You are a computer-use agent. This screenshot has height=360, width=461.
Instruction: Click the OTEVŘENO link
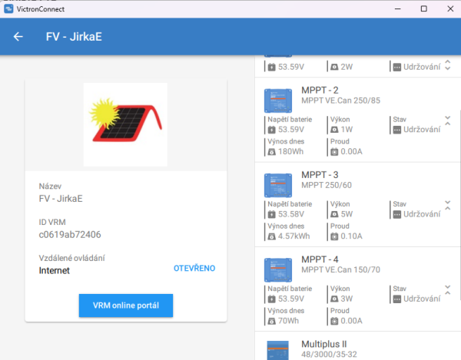(x=194, y=269)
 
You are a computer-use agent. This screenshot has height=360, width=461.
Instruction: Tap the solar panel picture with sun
(x=125, y=124)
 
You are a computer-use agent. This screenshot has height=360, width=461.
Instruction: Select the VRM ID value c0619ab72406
(x=70, y=235)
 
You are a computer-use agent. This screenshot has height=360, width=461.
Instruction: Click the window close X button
(x=445, y=8)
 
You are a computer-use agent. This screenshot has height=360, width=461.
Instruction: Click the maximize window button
(x=424, y=8)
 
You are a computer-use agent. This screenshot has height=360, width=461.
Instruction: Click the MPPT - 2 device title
(x=320, y=91)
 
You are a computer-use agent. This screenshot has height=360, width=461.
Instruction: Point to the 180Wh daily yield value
(x=291, y=151)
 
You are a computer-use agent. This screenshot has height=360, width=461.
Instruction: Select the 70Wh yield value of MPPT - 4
(x=289, y=322)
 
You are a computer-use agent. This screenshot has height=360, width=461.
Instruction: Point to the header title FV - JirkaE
(x=74, y=37)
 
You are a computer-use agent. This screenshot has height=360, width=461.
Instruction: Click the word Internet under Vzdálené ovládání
(x=55, y=270)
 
